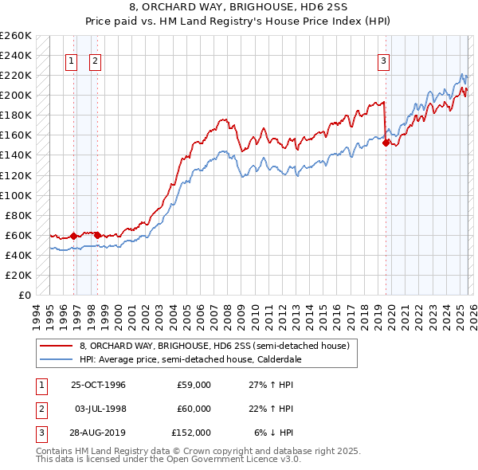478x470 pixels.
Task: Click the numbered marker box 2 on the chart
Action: pyautogui.click(x=95, y=61)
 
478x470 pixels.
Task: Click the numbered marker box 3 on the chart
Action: pyautogui.click(x=384, y=61)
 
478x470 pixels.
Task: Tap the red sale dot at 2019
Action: pyautogui.click(x=386, y=143)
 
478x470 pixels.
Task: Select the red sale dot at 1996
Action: pyautogui.click(x=73, y=236)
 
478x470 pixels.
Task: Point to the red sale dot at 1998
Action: pyautogui.click(x=96, y=235)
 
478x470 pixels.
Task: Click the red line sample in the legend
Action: pyautogui.click(x=56, y=347)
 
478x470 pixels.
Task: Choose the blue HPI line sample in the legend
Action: pyautogui.click(x=56, y=359)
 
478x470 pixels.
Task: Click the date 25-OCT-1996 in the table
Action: pyautogui.click(x=97, y=385)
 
